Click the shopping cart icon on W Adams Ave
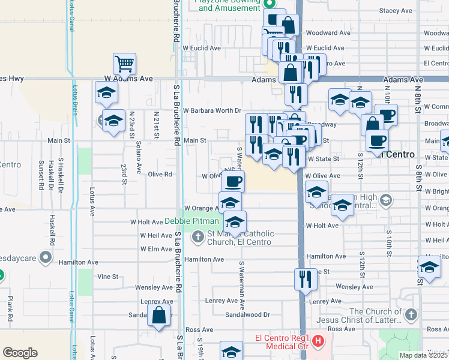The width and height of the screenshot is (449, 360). coord(124,62)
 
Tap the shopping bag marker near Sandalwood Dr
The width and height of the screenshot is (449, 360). coord(158,316)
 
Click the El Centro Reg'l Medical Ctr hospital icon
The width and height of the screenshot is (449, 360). coord(318,343)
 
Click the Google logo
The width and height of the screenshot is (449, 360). coord(20,353)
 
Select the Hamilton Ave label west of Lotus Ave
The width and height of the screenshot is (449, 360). coord(78,262)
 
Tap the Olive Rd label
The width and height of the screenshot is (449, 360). coord(160,175)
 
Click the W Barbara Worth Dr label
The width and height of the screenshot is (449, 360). coord(212,110)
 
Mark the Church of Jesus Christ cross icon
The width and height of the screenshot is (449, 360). coord(411,314)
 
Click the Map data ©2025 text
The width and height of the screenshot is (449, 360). coord(423,355)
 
